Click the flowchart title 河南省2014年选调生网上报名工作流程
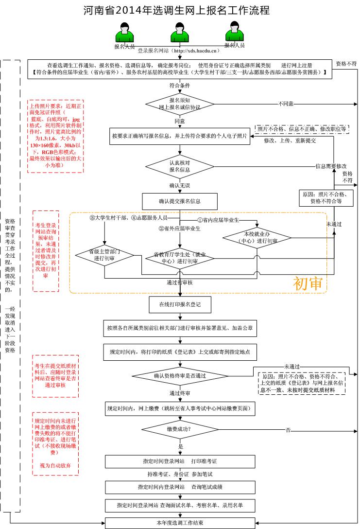point(176,10)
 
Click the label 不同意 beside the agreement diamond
point(286,104)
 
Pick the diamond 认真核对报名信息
point(180,166)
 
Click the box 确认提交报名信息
point(179,200)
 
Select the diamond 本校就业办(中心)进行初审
point(257,237)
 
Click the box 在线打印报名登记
point(179,304)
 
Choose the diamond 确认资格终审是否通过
point(179,375)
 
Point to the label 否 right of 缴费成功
point(288,430)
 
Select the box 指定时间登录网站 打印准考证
point(180,460)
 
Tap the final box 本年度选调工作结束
point(180,523)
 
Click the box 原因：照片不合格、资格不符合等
point(322,197)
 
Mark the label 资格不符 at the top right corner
point(346,64)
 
